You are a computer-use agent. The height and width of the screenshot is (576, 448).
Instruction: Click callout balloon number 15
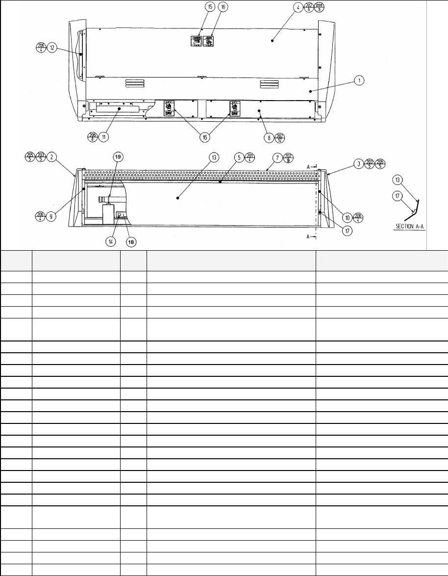[x=210, y=8]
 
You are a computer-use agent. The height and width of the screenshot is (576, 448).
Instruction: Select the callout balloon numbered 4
[x=298, y=8]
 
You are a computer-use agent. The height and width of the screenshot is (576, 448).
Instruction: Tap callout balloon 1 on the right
[x=359, y=81]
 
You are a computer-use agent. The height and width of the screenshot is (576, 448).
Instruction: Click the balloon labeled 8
[x=270, y=138]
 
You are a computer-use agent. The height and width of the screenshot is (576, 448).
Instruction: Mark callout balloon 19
[x=119, y=157]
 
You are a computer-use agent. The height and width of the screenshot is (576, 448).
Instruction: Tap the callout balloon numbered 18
[x=131, y=241]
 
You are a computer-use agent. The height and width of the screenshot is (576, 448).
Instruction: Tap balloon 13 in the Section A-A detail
[x=398, y=180]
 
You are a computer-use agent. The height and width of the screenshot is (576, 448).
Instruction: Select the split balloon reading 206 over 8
[x=92, y=137]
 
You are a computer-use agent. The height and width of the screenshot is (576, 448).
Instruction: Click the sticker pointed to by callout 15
[x=196, y=41]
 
